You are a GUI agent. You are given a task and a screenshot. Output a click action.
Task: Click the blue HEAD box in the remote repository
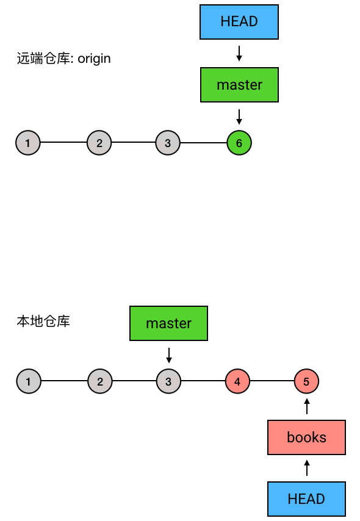[239, 22]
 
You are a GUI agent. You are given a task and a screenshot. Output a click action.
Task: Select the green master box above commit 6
[239, 85]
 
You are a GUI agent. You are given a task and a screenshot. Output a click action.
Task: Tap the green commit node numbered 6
[239, 143]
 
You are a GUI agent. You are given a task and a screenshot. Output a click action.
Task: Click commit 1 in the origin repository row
[28, 143]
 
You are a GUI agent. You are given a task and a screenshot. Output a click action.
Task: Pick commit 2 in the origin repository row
[99, 143]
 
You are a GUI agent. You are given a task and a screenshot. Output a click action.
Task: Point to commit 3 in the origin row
[168, 143]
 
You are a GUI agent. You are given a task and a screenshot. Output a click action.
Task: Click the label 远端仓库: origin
[64, 59]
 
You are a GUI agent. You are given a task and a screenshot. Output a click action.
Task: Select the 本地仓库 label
[43, 322]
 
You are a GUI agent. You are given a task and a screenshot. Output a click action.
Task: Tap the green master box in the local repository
[168, 323]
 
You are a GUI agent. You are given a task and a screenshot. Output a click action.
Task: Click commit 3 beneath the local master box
[168, 381]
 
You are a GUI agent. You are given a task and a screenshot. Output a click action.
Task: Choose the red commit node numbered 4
[237, 381]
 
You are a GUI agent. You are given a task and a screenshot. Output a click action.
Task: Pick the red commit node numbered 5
[306, 381]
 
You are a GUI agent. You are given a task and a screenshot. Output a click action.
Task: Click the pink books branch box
[306, 437]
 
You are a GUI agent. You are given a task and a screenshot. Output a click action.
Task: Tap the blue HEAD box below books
[306, 499]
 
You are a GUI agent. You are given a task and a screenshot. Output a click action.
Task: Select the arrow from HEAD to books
[307, 468]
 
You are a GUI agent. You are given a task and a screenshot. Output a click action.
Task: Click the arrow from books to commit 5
[307, 406]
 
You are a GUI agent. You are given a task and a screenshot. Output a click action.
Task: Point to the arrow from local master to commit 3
[169, 355]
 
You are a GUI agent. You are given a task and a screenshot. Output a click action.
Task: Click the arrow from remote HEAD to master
[239, 54]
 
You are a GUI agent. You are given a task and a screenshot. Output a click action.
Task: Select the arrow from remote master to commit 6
[239, 117]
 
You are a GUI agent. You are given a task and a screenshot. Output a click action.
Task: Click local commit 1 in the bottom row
[29, 381]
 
